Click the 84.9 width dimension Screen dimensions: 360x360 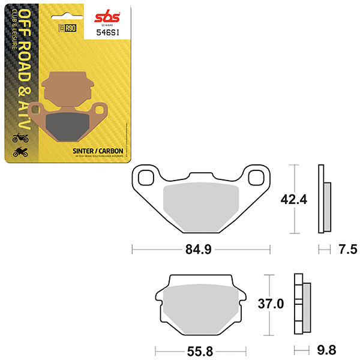(x=201, y=247)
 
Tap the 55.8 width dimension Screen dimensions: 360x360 (x=200, y=350)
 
